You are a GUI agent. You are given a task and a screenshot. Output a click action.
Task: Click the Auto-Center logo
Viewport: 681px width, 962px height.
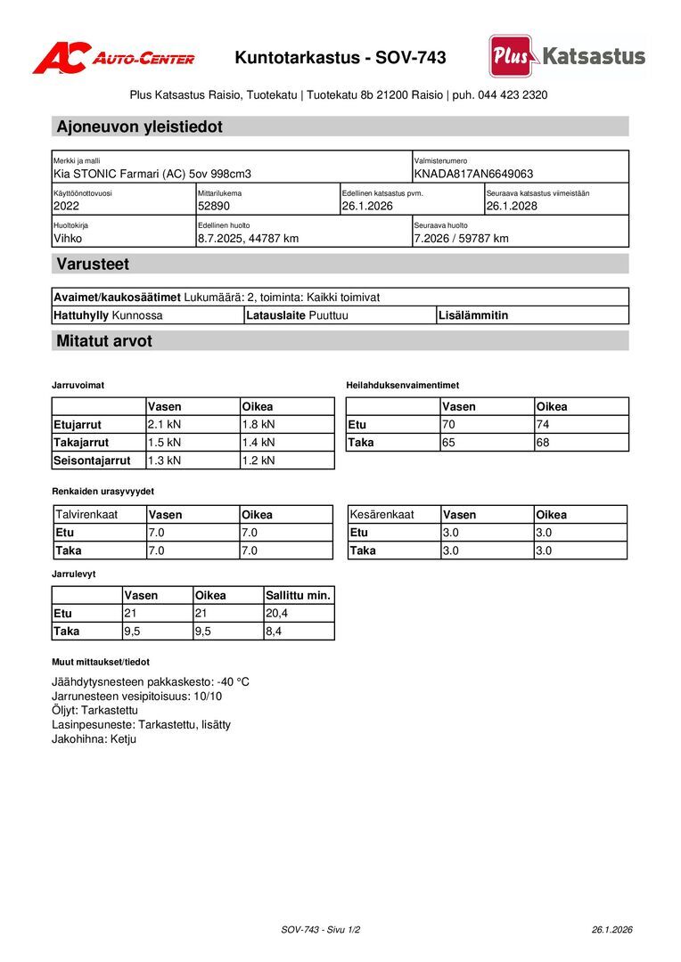113,58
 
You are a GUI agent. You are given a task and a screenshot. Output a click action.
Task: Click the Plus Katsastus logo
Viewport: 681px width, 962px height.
567,56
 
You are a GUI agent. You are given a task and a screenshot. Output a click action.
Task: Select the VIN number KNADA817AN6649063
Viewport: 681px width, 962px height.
473,174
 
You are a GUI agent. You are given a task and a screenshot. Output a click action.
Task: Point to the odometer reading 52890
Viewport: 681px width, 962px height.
214,206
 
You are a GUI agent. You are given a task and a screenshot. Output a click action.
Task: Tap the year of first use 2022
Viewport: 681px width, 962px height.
66,206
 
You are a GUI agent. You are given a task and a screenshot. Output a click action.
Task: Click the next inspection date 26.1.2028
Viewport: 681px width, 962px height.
512,206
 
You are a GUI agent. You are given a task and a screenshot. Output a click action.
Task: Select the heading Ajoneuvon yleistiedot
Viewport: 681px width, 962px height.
139,126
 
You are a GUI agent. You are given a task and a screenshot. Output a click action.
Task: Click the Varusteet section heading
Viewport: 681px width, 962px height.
93,264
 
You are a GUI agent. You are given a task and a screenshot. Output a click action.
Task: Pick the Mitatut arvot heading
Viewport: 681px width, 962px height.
104,341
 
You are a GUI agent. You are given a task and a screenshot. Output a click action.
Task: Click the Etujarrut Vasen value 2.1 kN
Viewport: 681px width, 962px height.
164,424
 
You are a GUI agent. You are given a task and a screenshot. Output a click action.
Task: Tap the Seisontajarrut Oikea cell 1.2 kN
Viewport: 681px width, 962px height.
258,461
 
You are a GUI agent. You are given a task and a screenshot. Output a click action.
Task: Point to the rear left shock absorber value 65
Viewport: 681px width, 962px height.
449,442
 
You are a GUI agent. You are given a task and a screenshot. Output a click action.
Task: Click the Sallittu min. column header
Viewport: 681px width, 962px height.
298,595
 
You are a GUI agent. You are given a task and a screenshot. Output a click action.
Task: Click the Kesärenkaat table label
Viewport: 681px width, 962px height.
382,515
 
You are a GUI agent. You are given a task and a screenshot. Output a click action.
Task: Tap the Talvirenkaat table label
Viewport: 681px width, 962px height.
86,515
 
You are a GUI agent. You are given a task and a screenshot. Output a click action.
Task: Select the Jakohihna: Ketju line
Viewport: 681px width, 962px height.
94,739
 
